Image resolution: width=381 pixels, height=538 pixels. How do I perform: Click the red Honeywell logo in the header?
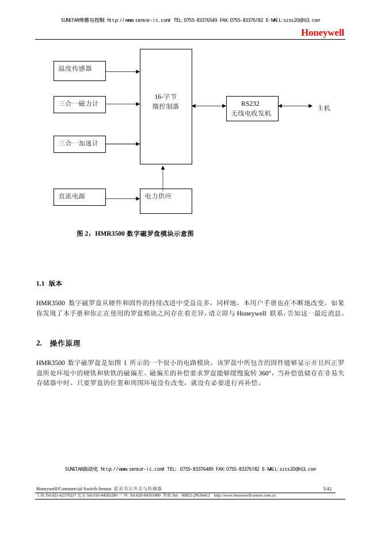(323, 33)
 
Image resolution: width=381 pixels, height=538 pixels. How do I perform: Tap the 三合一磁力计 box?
(79, 104)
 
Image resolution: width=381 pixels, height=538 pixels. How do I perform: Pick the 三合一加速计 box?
(79, 144)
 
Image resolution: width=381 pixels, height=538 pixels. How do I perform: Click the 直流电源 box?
(79, 197)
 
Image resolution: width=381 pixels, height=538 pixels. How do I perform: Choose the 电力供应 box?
(166, 201)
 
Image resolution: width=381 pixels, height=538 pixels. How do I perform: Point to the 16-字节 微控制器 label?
(166, 102)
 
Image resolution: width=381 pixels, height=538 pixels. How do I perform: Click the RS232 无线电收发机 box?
(252, 109)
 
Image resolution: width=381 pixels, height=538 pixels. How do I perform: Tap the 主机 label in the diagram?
(324, 107)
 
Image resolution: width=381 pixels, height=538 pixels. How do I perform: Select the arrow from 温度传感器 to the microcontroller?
(123, 72)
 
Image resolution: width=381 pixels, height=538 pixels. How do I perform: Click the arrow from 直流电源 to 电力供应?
(123, 199)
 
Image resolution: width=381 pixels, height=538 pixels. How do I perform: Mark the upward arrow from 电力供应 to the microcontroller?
(163, 178)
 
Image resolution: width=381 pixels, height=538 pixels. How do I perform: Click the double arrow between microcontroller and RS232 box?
(209, 106)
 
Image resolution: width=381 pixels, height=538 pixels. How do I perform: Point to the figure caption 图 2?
(135, 234)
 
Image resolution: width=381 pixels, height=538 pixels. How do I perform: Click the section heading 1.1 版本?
(49, 284)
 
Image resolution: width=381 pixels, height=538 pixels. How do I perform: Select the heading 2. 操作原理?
(58, 343)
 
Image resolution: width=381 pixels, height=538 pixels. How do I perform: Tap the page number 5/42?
(327, 489)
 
